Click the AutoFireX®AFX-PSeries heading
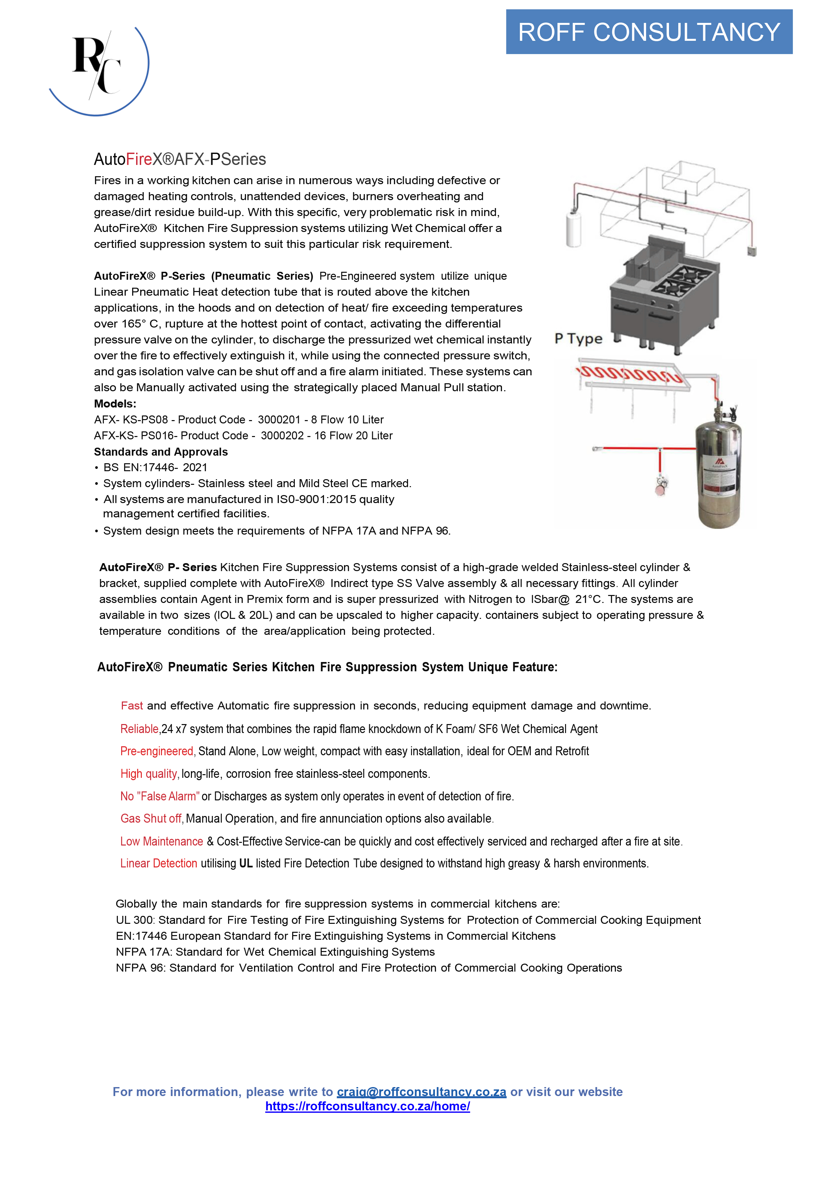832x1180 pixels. [x=180, y=159]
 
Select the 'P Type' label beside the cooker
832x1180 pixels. [x=578, y=339]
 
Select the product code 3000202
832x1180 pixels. [x=282, y=436]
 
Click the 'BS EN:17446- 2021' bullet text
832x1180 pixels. [x=155, y=468]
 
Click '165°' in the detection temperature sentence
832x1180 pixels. [x=134, y=324]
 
